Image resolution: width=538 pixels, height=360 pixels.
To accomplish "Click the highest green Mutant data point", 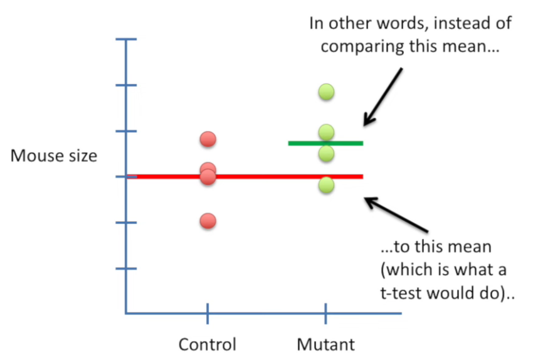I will pyautogui.click(x=325, y=92).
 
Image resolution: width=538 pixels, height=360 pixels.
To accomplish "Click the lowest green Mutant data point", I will pyautogui.click(x=325, y=184).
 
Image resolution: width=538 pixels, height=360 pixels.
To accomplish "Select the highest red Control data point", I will pyautogui.click(x=208, y=139).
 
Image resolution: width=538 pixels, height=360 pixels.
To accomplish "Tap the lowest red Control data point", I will pyautogui.click(x=208, y=221).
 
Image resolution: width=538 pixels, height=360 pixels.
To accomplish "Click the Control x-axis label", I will pyautogui.click(x=208, y=344).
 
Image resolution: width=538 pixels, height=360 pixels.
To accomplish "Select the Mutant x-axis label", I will pyautogui.click(x=325, y=344).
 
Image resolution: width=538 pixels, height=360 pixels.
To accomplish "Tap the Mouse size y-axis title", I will pyautogui.click(x=54, y=155).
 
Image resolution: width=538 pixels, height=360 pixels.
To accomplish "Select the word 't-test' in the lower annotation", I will pyautogui.click(x=401, y=292).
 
